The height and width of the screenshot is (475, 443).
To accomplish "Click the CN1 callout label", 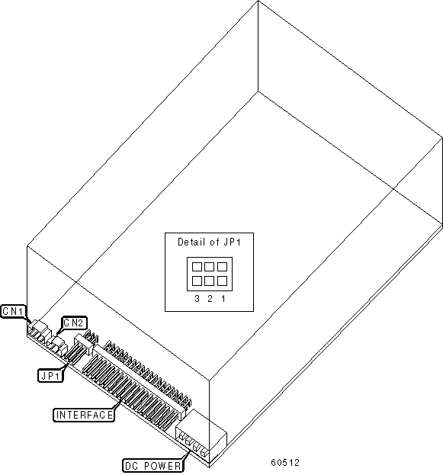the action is click(x=14, y=311).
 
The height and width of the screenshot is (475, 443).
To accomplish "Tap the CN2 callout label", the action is click(x=74, y=323).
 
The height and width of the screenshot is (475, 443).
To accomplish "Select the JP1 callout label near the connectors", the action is click(x=50, y=376).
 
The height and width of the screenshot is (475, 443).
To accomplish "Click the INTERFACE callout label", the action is click(x=84, y=415).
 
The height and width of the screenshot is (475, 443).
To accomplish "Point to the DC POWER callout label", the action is click(x=153, y=466).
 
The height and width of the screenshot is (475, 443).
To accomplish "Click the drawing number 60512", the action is click(x=285, y=463).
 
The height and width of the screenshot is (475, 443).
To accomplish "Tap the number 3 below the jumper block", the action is click(x=197, y=299).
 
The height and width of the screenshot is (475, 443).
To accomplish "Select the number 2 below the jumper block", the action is click(x=210, y=299).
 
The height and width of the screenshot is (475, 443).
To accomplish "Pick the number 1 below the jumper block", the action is click(x=223, y=299).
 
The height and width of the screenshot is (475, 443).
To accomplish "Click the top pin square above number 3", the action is click(x=197, y=267).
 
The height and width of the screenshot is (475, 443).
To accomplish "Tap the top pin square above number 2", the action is click(x=210, y=267).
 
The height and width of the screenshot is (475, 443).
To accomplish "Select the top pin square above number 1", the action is click(x=223, y=267).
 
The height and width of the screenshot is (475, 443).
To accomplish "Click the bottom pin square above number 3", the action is click(x=197, y=281).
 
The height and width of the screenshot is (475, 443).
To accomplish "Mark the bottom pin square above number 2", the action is click(x=210, y=281).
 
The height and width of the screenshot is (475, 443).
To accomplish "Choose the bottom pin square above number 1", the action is click(x=223, y=281).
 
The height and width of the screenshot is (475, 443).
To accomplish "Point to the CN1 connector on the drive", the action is click(x=38, y=331).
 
